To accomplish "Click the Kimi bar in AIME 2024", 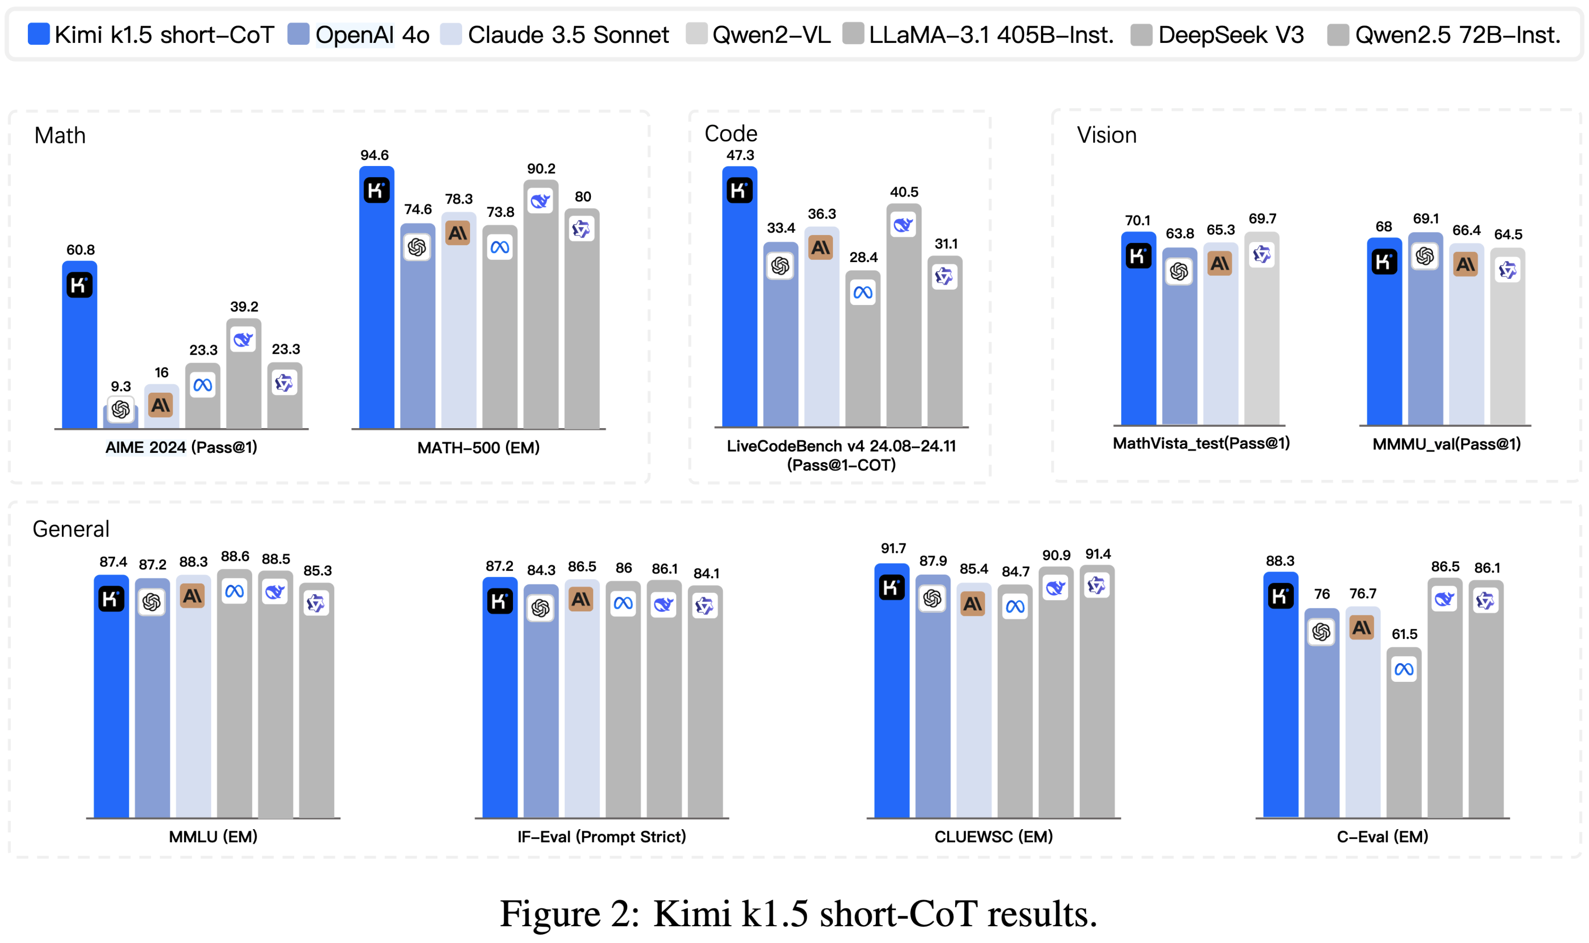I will tap(79, 356).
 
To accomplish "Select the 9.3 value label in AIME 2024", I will tap(121, 386).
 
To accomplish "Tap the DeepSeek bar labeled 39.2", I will tap(244, 381).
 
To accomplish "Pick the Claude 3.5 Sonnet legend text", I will tap(568, 35).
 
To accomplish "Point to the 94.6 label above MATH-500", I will tap(375, 155).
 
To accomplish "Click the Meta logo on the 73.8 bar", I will tap(500, 247).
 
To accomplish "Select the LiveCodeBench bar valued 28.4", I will tap(863, 356).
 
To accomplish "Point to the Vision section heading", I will tap(1107, 135).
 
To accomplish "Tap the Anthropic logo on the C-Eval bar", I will tap(1361, 628).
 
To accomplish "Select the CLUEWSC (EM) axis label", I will tap(993, 836).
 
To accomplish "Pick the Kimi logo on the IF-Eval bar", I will tap(499, 601).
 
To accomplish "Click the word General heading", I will tap(71, 529).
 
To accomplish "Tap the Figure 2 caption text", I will tap(798, 914).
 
